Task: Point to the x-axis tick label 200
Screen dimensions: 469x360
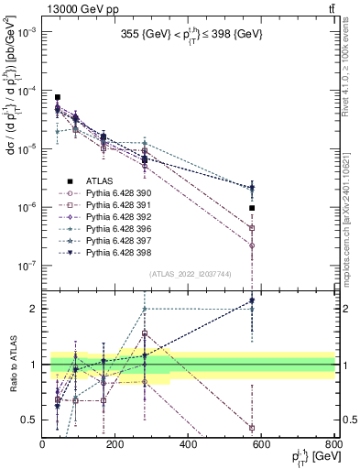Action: [x=115, y=446]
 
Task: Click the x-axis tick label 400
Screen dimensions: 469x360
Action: [x=189, y=446]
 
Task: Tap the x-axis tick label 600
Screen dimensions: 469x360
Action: [x=262, y=446]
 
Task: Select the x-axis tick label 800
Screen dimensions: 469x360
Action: [x=333, y=446]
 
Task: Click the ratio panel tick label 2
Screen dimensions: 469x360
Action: [x=34, y=309]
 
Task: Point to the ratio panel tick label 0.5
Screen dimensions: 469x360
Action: [x=31, y=420]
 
